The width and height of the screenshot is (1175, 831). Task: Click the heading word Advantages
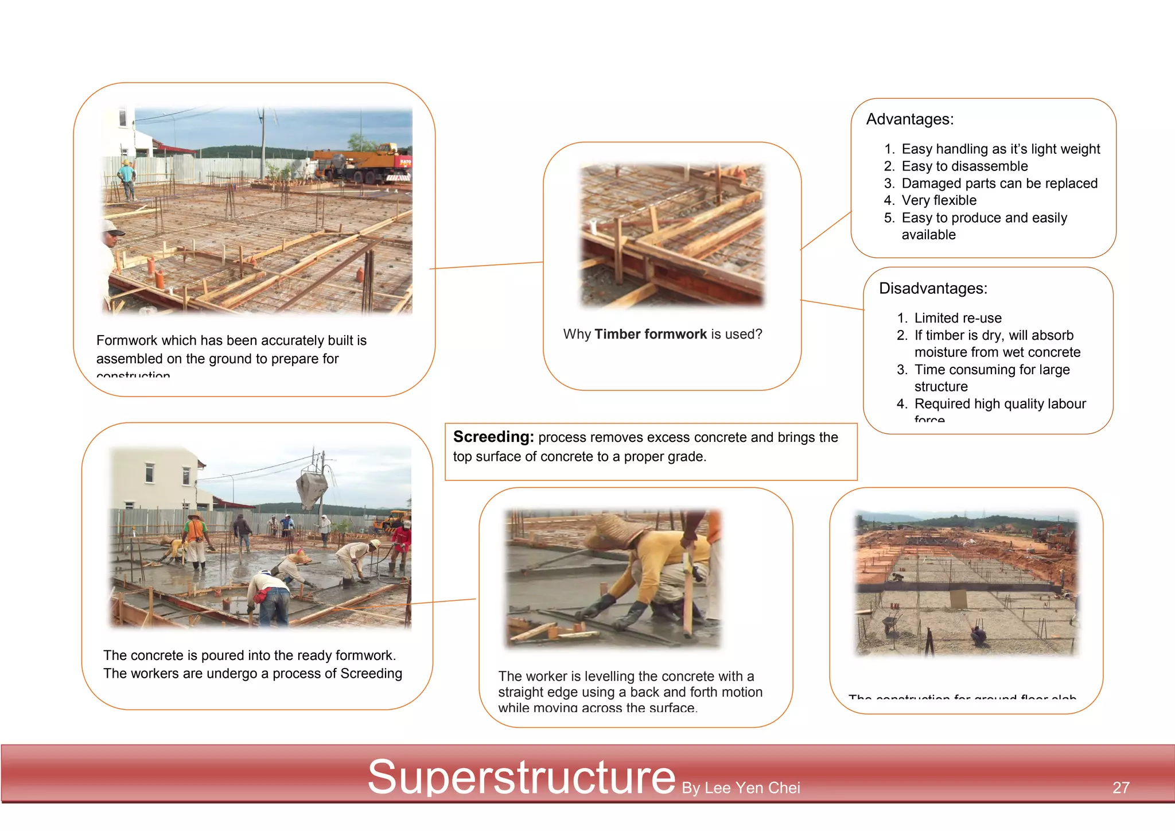(x=909, y=119)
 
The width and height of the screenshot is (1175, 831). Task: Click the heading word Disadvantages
(x=933, y=288)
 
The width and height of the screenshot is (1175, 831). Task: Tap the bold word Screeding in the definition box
(x=493, y=437)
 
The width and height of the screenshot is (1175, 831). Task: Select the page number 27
(x=1120, y=787)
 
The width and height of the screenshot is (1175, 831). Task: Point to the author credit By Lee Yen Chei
(x=741, y=788)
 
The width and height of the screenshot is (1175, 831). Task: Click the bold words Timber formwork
(x=651, y=334)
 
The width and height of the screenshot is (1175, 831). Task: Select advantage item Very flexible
(x=939, y=200)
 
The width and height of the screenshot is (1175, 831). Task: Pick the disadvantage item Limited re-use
(x=958, y=318)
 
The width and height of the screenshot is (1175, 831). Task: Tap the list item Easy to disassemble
(x=964, y=166)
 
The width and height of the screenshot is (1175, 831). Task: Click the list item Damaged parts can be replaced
(x=999, y=184)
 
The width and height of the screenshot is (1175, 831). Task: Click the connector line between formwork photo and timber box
(x=487, y=265)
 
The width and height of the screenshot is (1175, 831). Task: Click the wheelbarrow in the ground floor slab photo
(x=890, y=624)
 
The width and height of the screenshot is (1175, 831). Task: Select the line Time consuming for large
(x=992, y=370)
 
